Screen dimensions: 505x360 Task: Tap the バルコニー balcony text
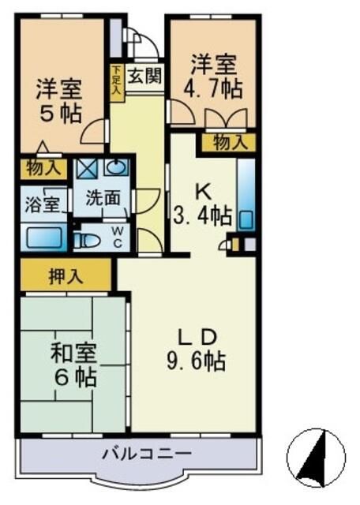tap(146, 454)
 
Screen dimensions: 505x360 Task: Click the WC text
tap(117, 237)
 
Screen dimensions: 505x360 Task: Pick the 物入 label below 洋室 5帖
tap(43, 168)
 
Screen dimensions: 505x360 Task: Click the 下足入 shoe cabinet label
tap(116, 80)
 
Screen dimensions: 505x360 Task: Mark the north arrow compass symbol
tap(315, 458)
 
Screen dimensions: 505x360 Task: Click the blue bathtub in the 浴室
tap(45, 237)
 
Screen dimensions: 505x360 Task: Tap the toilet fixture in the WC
tap(86, 239)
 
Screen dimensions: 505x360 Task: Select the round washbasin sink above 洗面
tap(117, 167)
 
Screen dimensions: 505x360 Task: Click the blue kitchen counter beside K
tap(246, 193)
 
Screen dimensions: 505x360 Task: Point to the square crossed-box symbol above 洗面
tap(86, 168)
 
